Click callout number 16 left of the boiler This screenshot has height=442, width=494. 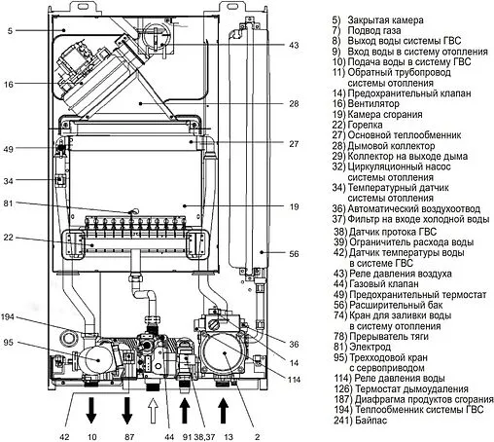click(x=9, y=86)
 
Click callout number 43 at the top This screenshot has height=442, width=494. click(x=294, y=46)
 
